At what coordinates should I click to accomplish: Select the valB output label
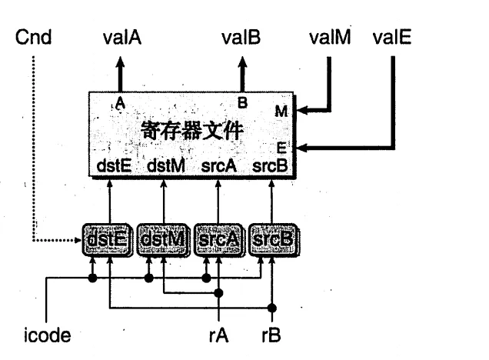242,38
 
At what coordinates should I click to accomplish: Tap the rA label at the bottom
221,336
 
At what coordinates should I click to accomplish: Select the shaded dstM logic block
164,241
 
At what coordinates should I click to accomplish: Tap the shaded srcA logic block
218,241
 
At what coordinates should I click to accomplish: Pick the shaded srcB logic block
273,241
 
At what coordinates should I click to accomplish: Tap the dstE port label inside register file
113,164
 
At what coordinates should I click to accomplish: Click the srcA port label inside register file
220,164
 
